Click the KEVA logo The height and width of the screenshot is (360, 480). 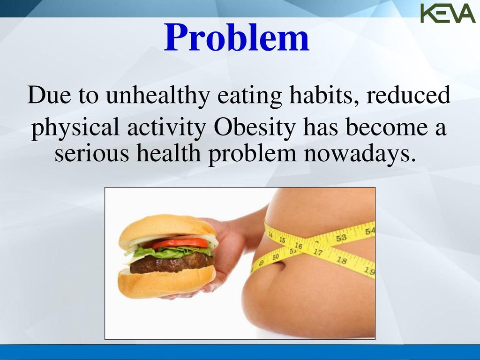pos(448,13)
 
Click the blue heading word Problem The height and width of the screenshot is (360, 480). pos(237,37)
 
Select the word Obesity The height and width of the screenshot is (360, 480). pos(255,128)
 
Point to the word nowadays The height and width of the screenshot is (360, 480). pos(360,154)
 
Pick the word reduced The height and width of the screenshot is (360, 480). pos(408,95)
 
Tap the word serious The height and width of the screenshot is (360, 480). pos(92,154)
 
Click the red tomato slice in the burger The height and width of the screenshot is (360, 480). pos(180,243)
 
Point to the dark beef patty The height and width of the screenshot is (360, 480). pos(172,264)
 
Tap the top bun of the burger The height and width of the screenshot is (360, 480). pos(168,228)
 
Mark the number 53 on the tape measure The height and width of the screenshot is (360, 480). pos(341,238)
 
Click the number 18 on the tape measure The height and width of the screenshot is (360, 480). pos(342,261)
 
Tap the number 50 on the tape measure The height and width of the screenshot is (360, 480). pos(276,257)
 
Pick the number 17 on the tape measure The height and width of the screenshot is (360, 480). pos(318,252)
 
